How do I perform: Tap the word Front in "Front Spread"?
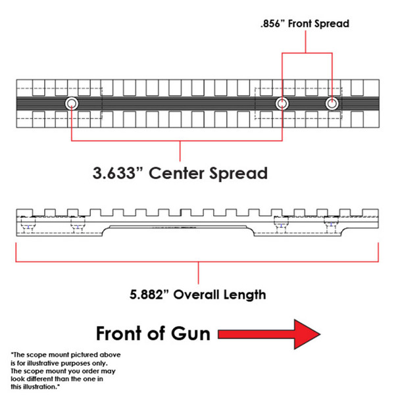(299, 23)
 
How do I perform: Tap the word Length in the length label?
(245, 294)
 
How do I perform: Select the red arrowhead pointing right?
(304, 334)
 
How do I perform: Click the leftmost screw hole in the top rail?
(71, 103)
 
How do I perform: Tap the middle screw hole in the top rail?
(283, 103)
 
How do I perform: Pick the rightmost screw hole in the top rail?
(332, 103)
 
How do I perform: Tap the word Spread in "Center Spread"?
(240, 173)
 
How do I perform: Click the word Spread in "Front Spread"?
(332, 23)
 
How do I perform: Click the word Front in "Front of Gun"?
(123, 333)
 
